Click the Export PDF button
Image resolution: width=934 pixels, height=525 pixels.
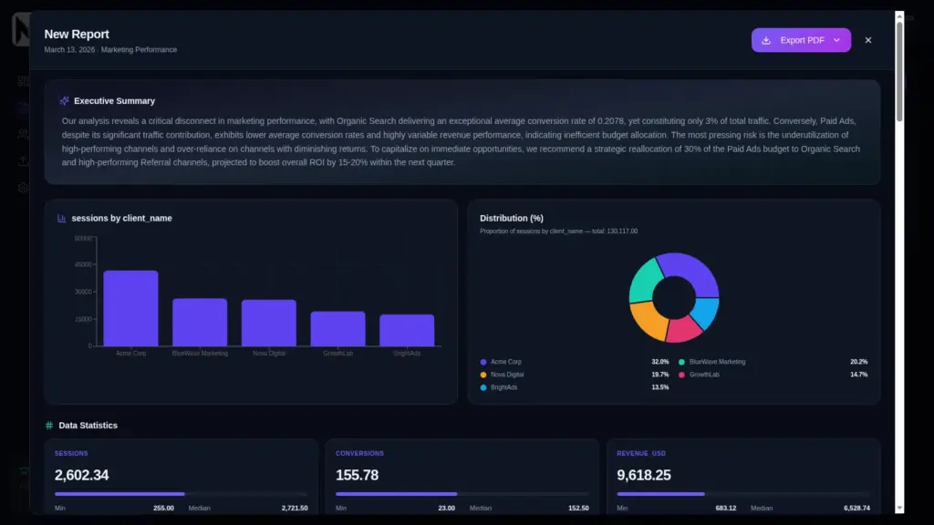[801, 40]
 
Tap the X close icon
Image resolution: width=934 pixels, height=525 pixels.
[867, 40]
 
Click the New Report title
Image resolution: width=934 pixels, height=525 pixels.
[77, 35]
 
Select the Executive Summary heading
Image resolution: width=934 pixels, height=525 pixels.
[114, 101]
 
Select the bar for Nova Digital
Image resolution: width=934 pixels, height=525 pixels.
[269, 323]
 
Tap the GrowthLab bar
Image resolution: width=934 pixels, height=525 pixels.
[337, 329]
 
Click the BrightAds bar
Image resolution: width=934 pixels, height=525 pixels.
[407, 330]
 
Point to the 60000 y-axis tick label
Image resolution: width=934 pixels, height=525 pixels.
[83, 239]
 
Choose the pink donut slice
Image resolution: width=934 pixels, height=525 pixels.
[684, 329]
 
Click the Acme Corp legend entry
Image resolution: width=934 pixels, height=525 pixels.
[506, 362]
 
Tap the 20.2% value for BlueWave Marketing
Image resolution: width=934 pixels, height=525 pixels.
[858, 362]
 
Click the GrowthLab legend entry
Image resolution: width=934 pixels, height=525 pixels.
[704, 375]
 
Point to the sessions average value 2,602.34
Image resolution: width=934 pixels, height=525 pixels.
[82, 475]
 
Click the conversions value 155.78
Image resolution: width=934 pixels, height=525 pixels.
[357, 475]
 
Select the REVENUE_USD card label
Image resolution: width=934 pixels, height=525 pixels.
[641, 453]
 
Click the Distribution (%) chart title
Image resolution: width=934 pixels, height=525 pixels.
[511, 218]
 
